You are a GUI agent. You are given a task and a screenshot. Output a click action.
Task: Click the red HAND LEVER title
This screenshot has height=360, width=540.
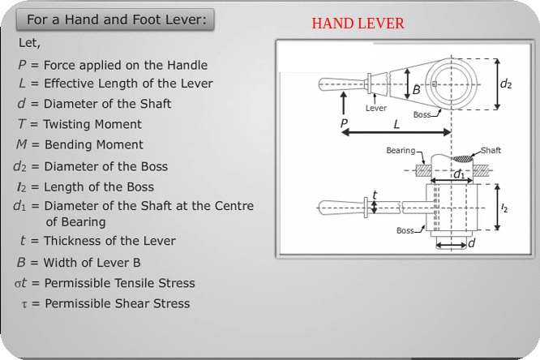click(358, 24)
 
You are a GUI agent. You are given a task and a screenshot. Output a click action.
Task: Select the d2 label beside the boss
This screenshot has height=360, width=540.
click(506, 83)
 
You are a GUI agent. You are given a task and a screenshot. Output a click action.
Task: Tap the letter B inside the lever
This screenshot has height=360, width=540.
click(416, 90)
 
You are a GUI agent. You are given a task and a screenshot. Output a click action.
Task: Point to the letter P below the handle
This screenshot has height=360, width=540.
click(344, 125)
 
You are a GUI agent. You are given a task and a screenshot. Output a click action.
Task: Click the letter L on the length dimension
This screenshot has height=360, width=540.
click(396, 125)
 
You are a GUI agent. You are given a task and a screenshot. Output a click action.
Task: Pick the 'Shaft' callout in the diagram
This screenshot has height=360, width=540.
click(491, 151)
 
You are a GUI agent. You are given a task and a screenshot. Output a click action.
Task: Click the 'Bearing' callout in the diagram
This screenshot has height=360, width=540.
click(400, 151)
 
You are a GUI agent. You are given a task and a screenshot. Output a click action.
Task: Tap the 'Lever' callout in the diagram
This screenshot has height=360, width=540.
click(375, 107)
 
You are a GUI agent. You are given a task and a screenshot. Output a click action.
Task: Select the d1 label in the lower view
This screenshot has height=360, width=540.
click(459, 174)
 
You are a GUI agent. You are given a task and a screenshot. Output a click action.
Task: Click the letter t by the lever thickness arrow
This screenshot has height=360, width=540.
click(374, 195)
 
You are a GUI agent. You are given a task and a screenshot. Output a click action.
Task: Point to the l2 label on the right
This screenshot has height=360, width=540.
click(505, 208)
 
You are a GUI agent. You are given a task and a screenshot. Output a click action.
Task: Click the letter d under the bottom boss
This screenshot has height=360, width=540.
click(471, 242)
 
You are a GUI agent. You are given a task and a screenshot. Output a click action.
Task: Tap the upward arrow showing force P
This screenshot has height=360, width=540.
click(344, 103)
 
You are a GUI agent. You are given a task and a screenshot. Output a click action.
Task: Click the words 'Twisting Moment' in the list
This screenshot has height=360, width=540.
click(92, 124)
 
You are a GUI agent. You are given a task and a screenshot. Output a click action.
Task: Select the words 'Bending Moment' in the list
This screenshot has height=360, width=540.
click(93, 144)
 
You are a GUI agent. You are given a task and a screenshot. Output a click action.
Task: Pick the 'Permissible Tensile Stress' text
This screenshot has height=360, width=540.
click(119, 283)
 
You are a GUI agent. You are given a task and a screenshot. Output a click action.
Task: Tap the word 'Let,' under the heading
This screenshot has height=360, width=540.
click(29, 42)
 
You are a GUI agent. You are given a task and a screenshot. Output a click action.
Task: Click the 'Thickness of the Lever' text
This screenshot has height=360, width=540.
click(109, 241)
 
